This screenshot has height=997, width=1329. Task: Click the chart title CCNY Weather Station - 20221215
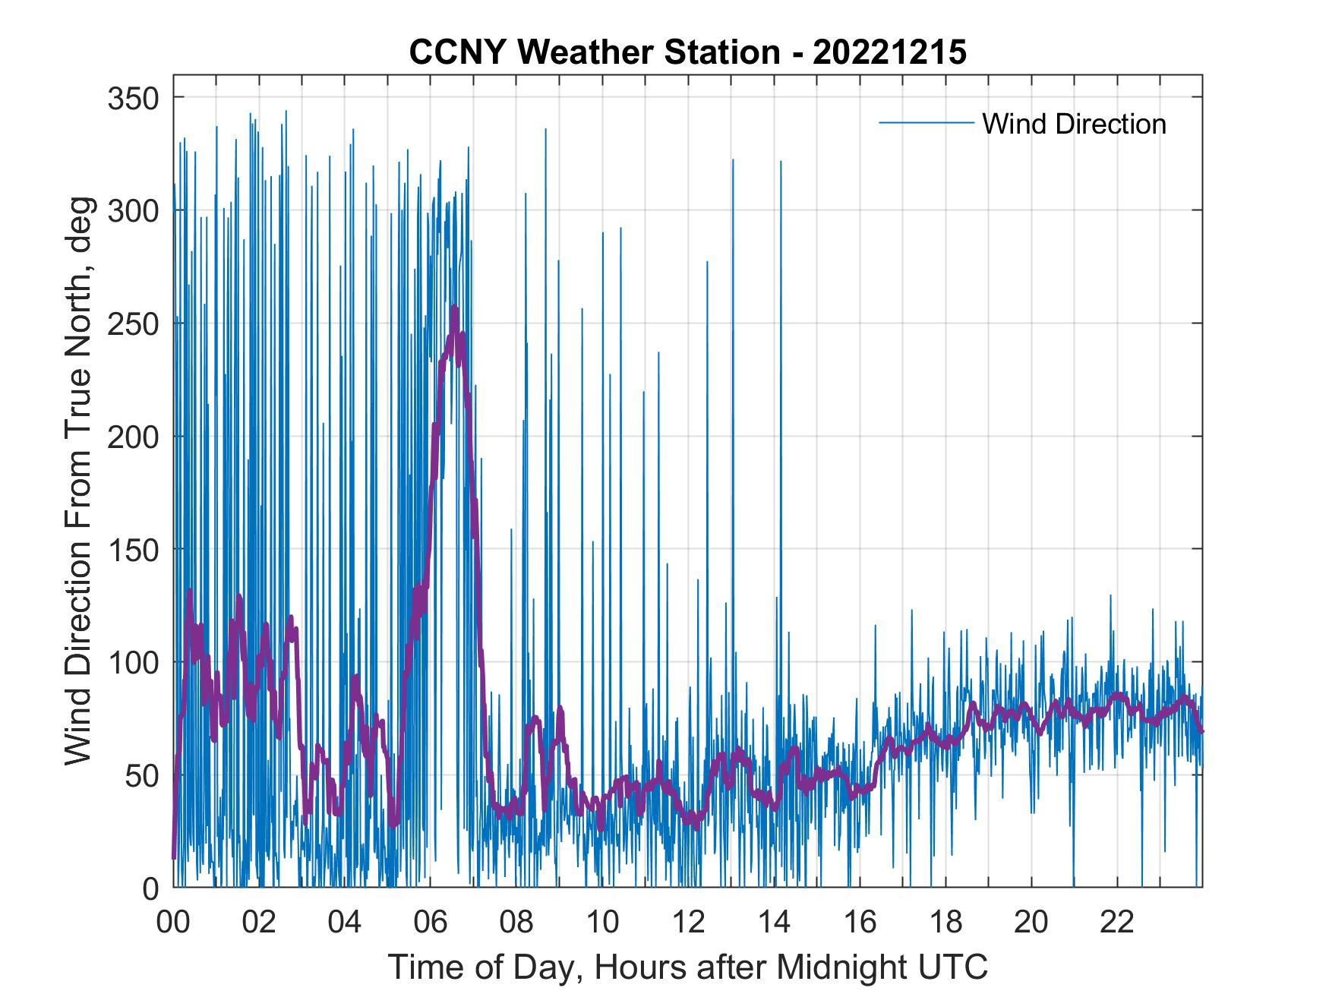687,52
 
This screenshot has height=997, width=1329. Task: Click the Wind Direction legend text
1074,124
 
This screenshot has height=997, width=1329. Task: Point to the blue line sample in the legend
926,122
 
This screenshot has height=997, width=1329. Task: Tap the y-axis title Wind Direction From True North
77,480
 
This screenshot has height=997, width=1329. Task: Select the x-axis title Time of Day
687,967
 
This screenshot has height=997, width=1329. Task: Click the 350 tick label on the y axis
131,98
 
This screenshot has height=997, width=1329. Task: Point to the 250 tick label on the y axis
131,323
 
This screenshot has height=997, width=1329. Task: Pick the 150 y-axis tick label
131,549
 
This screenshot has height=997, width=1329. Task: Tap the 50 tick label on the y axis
140,775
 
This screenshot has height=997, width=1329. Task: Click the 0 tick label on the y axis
150,888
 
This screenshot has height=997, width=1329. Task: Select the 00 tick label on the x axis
173,923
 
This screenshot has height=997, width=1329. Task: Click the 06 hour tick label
431,923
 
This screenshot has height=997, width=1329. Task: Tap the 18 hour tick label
945,923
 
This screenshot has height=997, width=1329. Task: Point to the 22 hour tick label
1117,923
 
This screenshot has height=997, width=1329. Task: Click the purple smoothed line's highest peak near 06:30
454,308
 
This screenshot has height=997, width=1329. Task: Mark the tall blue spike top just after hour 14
780,162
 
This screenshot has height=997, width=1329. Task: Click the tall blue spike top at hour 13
733,160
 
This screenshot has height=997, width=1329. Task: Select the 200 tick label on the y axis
131,437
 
